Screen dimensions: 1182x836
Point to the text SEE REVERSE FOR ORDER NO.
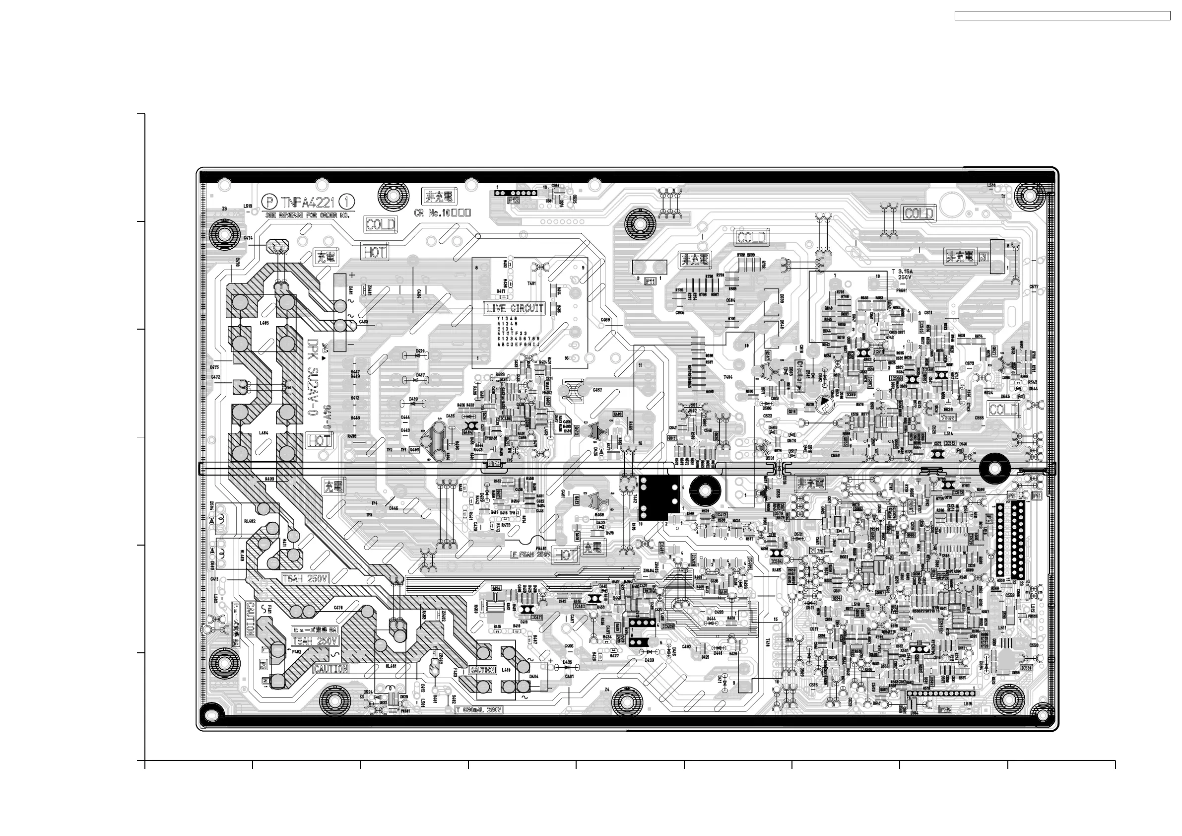(307, 215)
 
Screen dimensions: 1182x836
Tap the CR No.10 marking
(442, 212)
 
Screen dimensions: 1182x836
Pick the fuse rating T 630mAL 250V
(479, 710)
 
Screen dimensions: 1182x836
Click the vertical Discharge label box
(800, 375)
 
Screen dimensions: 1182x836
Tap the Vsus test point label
(947, 417)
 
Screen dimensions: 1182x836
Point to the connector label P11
(650, 282)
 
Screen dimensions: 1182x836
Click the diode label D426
(420, 351)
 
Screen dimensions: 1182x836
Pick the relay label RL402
(249, 521)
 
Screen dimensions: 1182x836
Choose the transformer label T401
(531, 284)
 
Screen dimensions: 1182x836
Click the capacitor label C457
(597, 390)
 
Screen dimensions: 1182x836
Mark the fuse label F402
(297, 652)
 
